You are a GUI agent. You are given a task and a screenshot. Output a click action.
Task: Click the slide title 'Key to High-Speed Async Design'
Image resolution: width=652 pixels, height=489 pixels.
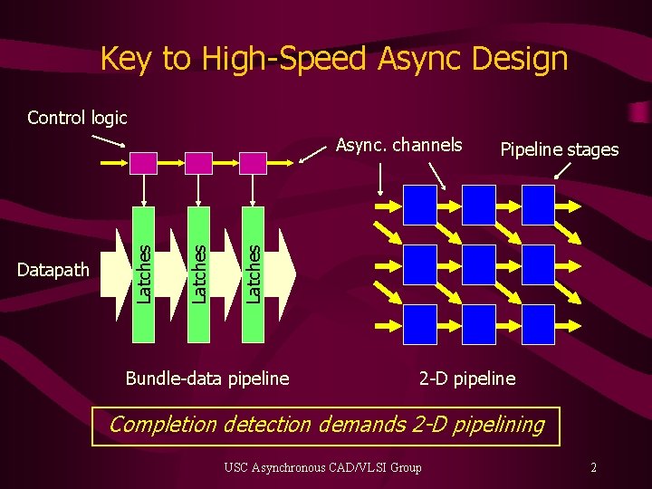(x=333, y=59)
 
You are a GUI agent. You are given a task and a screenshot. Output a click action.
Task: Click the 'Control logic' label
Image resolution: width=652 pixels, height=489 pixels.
(x=77, y=118)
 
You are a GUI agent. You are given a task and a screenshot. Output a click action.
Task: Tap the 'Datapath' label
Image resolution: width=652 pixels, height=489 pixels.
(x=53, y=269)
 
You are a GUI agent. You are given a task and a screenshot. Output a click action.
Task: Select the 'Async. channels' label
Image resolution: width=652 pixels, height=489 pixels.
(x=398, y=145)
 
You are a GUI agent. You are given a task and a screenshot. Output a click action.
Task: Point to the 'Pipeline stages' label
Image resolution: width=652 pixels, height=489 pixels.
(x=560, y=149)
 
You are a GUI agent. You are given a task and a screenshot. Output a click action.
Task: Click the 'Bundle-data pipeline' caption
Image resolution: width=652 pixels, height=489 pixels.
(x=207, y=378)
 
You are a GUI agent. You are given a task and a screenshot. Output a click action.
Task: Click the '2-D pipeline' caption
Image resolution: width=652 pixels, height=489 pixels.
(x=466, y=378)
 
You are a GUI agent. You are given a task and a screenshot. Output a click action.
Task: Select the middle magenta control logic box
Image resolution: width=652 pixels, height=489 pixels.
(x=199, y=163)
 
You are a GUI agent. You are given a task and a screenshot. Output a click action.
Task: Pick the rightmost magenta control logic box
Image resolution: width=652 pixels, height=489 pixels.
(x=254, y=163)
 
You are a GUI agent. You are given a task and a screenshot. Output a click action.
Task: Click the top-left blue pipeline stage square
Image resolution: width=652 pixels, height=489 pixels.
(x=419, y=205)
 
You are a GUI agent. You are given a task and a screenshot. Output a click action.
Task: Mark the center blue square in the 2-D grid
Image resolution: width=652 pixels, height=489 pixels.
(x=478, y=264)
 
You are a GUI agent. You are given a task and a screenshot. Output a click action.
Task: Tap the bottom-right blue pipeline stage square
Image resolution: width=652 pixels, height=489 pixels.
(x=537, y=324)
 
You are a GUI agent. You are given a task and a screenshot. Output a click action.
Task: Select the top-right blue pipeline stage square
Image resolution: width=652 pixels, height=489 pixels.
(x=537, y=205)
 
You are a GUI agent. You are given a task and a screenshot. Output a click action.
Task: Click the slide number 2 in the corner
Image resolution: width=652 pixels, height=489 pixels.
(x=593, y=467)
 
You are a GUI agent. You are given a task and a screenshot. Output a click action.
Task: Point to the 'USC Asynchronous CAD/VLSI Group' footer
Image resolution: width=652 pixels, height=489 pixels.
(x=323, y=467)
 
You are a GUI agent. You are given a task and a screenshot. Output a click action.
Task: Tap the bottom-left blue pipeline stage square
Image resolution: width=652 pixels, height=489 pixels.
(x=419, y=324)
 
